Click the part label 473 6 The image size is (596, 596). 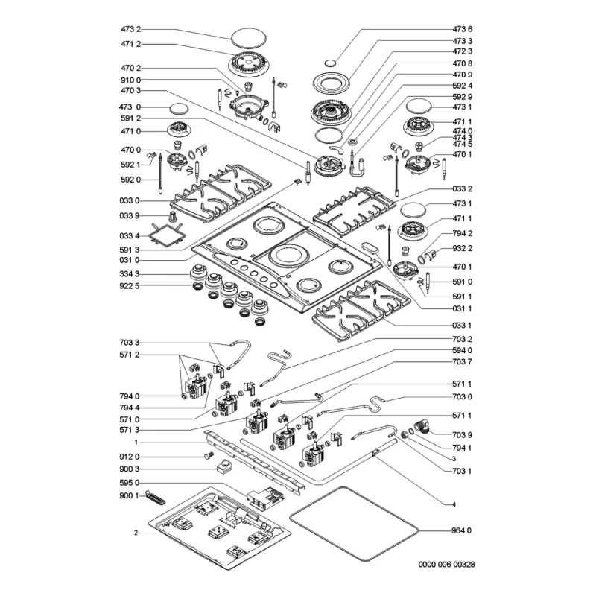462,29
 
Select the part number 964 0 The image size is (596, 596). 461,530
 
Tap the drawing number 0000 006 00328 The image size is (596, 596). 446,565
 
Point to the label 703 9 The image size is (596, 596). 462,435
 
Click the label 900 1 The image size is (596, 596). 129,495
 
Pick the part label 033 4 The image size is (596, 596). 129,236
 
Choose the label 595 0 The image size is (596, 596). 129,483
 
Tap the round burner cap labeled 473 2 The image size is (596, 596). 248,39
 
